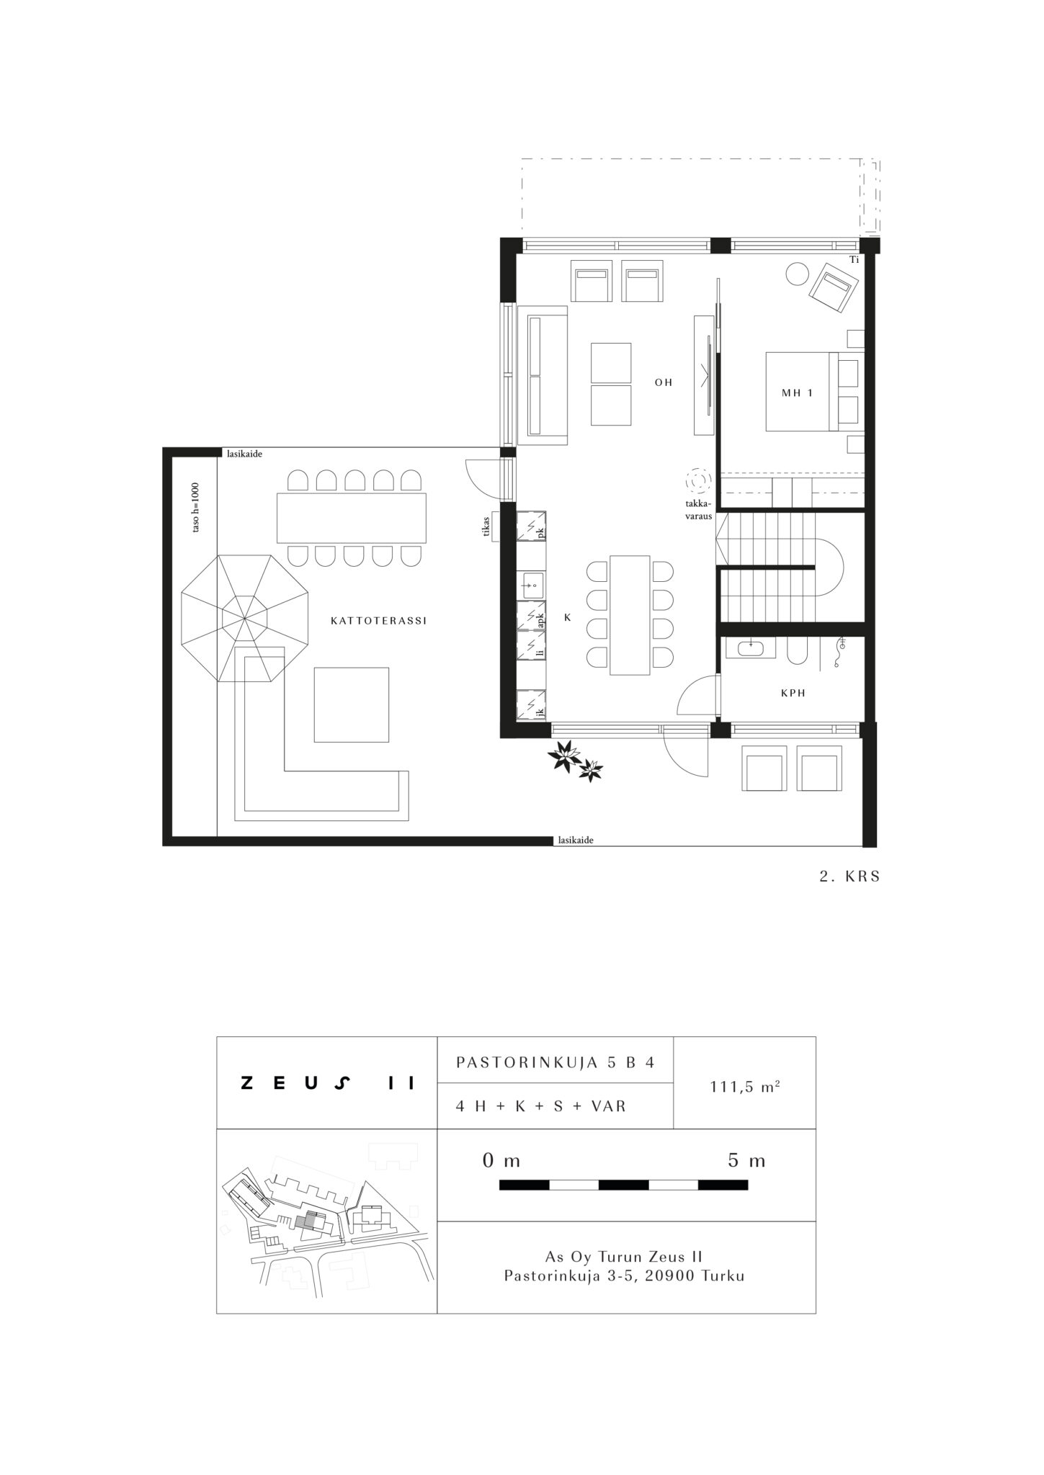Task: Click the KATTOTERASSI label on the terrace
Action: click(x=378, y=620)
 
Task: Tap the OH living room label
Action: click(x=664, y=382)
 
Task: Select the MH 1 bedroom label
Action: click(x=797, y=393)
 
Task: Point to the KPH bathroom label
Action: click(x=793, y=693)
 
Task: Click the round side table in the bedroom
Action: click(x=798, y=274)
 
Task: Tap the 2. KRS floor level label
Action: click(x=850, y=878)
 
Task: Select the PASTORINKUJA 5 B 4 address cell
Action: click(x=555, y=1062)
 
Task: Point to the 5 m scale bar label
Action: click(x=746, y=1161)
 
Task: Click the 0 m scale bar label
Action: click(x=501, y=1161)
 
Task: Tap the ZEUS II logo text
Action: click(x=328, y=1083)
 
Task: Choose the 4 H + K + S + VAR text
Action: click(x=541, y=1106)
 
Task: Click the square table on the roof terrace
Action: click(x=352, y=704)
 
